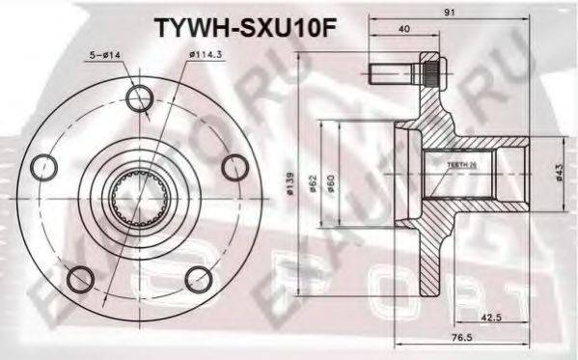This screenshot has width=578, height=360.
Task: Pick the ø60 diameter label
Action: click(331, 184)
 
